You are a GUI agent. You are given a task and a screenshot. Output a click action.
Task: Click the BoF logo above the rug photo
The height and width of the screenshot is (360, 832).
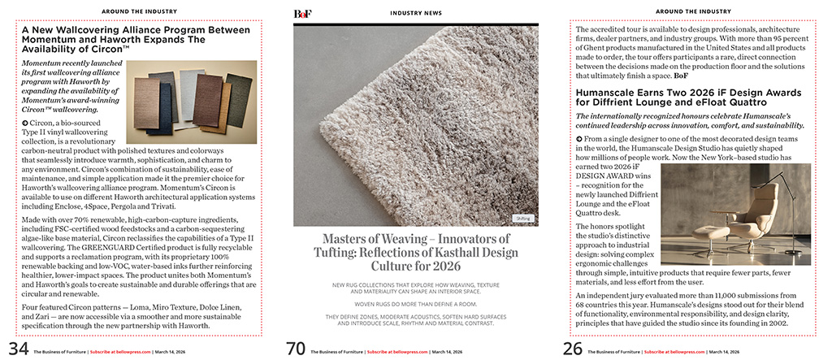coord(302,14)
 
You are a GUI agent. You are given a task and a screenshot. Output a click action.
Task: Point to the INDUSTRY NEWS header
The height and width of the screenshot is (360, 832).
coord(416,14)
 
